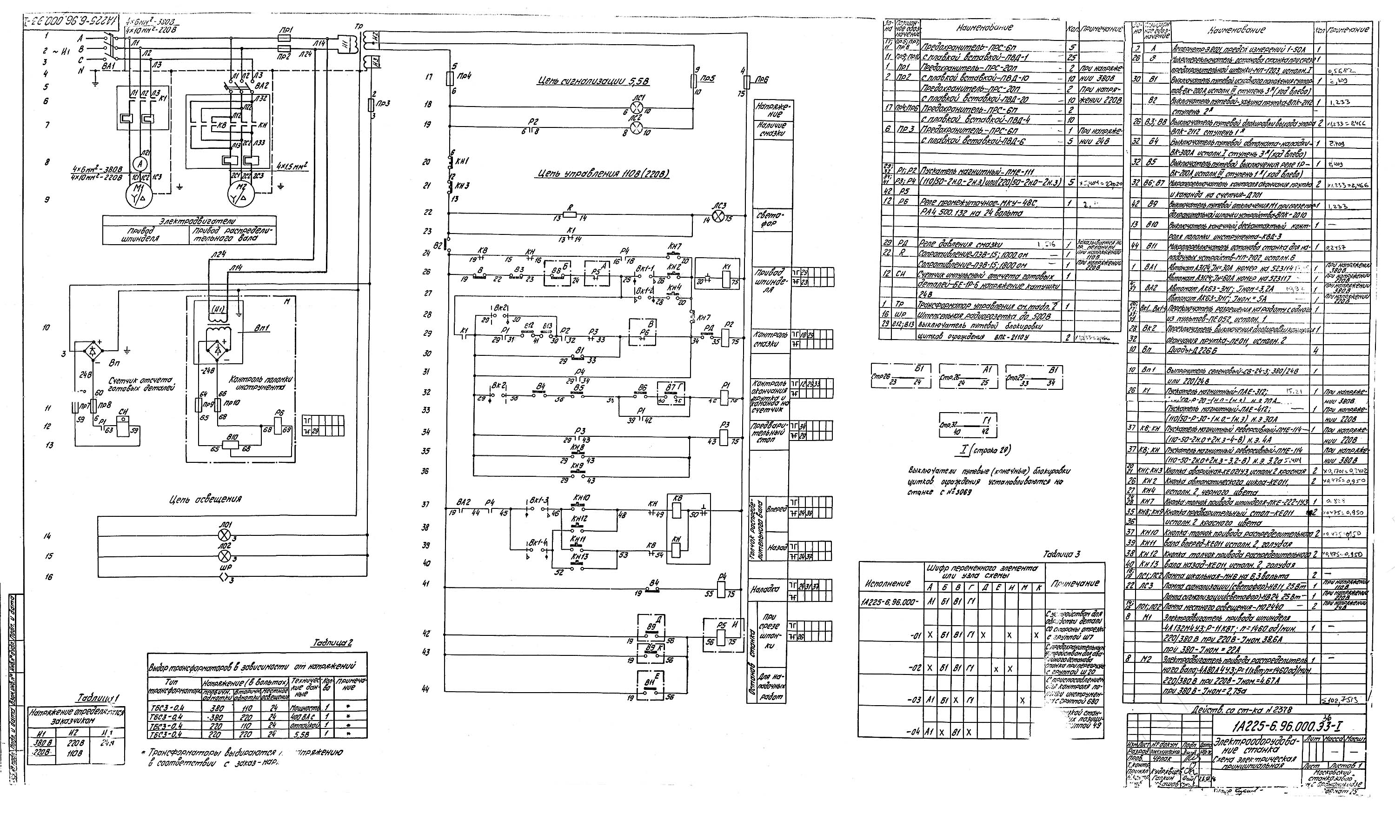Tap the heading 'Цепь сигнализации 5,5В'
pyautogui.click(x=593, y=82)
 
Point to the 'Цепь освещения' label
pyautogui.click(x=206, y=500)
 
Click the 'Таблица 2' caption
pyautogui.click(x=332, y=643)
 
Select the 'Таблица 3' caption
pyautogui.click(x=1061, y=554)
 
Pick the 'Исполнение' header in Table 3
pyautogui.click(x=887, y=583)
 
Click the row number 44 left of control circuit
pyautogui.click(x=425, y=689)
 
